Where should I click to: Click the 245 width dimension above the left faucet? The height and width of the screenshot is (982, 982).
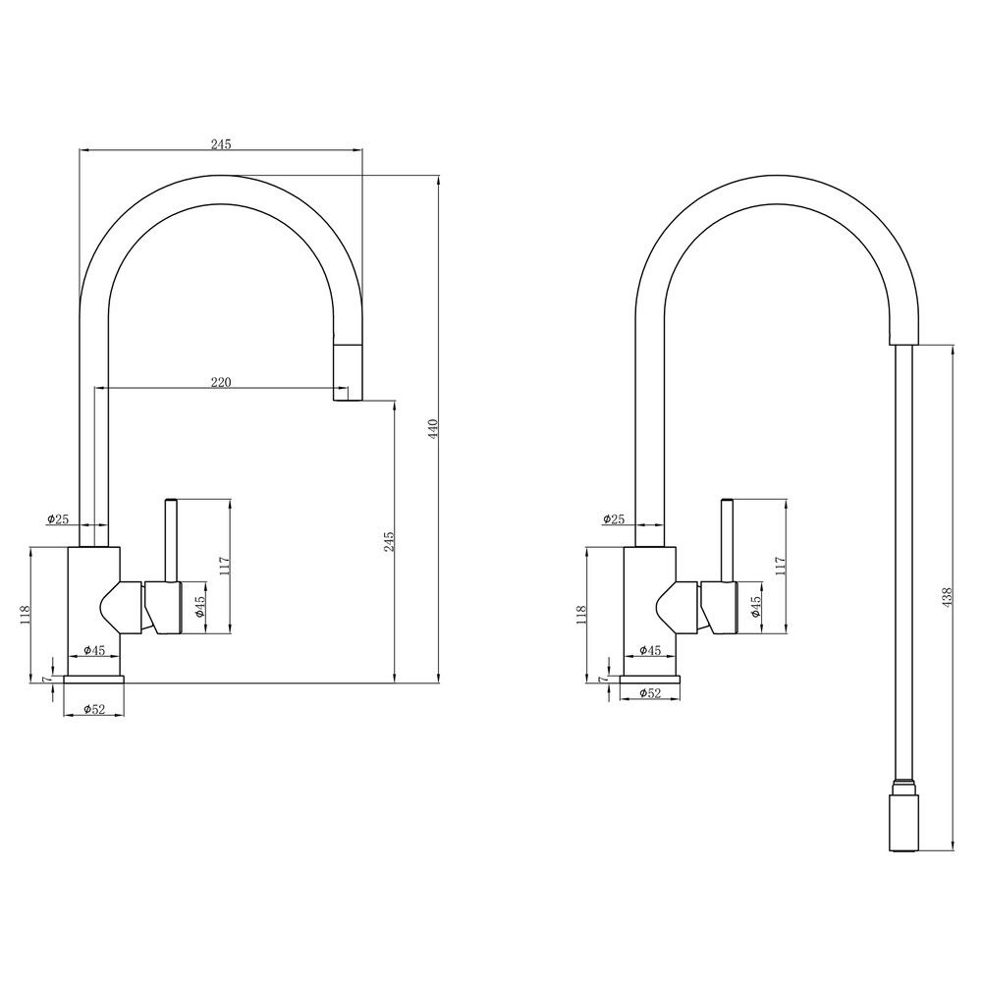(221, 144)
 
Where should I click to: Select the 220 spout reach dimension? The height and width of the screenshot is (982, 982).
(221, 383)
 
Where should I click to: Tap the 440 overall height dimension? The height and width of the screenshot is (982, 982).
(432, 428)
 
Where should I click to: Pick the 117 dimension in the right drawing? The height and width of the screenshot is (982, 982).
(781, 566)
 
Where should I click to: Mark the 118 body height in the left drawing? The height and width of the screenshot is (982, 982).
(26, 613)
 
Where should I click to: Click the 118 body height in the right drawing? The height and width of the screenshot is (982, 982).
(582, 613)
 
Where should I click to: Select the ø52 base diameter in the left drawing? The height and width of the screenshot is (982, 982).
(94, 709)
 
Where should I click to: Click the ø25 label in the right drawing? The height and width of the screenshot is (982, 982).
(614, 518)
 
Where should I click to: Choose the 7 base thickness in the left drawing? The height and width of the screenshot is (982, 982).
(45, 679)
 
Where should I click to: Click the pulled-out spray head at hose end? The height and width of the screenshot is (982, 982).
(903, 821)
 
